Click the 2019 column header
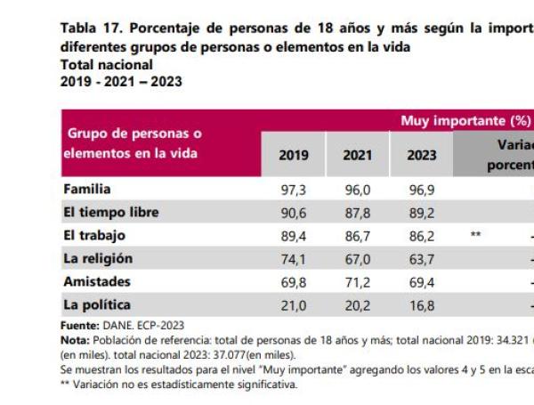[294, 155]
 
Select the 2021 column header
[358, 155]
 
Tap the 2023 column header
[422, 155]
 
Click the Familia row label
[87, 190]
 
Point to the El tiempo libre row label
[111, 213]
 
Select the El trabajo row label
[94, 236]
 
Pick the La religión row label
[98, 259]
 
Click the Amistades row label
[97, 282]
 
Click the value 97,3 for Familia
[295, 190]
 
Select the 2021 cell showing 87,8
[358, 214]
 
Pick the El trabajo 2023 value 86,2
[422, 237]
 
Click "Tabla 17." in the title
[87, 28]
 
